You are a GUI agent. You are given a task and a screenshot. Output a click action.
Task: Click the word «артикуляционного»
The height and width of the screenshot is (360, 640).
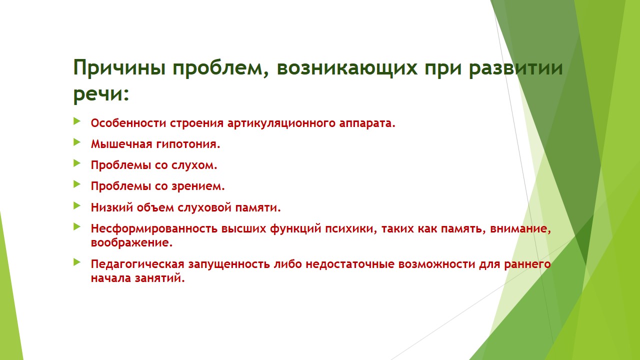click(x=281, y=123)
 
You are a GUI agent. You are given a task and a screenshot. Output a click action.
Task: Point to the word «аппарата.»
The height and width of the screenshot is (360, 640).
click(x=367, y=123)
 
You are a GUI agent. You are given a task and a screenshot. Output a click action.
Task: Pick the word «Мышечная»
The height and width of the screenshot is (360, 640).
click(x=121, y=144)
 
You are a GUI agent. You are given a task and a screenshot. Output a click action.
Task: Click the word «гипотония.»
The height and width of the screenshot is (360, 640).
click(x=188, y=144)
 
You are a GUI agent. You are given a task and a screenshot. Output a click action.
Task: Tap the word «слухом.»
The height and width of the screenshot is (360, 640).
click(x=194, y=165)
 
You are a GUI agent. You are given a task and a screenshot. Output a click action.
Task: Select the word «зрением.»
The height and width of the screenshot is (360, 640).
click(x=198, y=186)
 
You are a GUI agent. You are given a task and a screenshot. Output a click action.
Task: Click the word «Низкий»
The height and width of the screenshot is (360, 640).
click(x=112, y=207)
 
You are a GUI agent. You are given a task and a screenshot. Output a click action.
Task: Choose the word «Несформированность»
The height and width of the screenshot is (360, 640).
click(x=154, y=229)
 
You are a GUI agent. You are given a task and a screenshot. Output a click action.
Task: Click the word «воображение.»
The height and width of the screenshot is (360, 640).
click(x=131, y=243)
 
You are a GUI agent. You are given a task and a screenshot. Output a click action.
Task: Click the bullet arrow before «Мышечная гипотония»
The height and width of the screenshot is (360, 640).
click(x=77, y=142)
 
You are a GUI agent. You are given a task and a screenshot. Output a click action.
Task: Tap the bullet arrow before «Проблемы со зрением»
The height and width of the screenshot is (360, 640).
click(x=77, y=184)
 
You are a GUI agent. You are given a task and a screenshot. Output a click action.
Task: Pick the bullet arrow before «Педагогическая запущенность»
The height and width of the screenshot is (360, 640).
click(x=77, y=262)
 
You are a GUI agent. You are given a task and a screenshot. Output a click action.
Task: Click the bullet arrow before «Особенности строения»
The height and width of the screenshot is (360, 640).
click(x=77, y=121)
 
